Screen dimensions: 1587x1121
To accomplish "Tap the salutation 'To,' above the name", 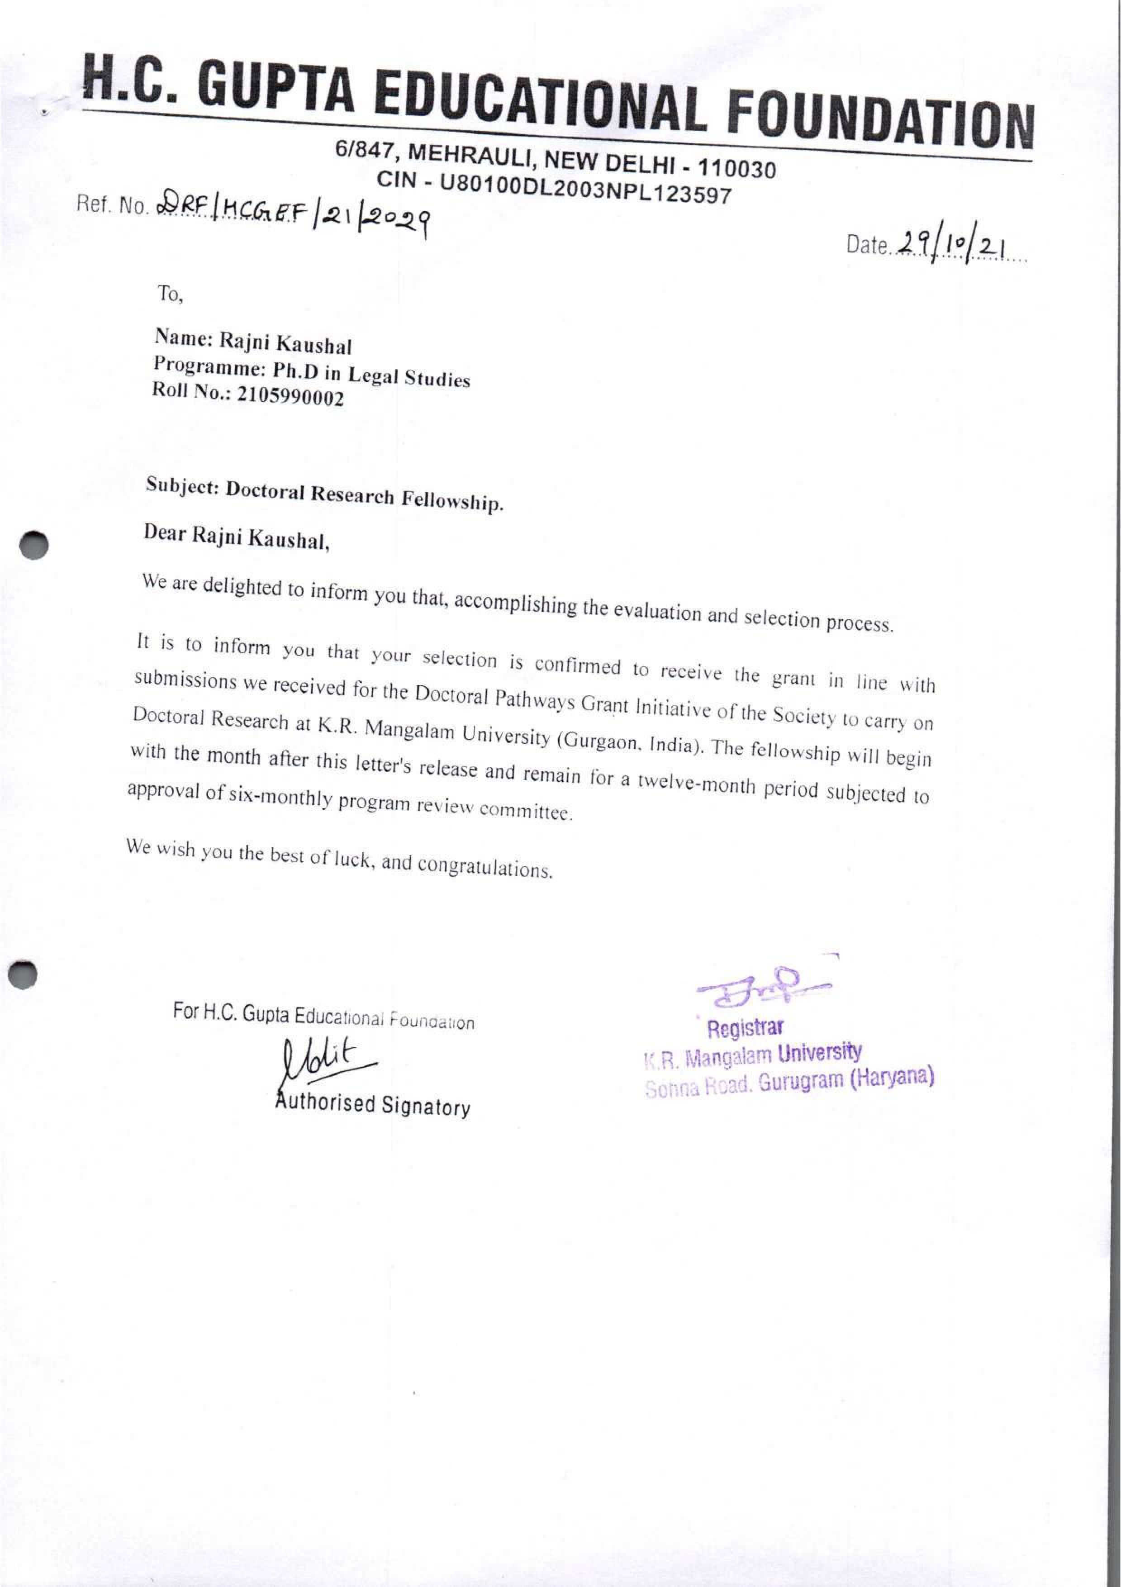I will click(169, 295).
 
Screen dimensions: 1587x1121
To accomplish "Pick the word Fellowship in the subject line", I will click(453, 500).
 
